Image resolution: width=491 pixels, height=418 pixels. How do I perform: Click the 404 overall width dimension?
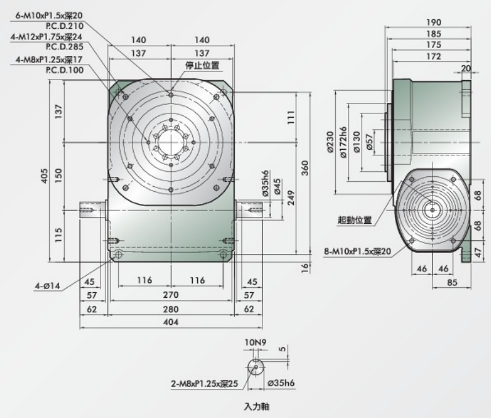tap(170, 322)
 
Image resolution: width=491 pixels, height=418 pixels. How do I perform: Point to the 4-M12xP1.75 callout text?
tap(47, 36)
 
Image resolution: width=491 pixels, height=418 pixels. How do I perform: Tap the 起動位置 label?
tap(354, 219)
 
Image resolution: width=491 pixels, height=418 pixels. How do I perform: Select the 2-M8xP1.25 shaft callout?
tap(205, 383)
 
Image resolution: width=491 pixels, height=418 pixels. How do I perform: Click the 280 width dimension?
tap(170, 308)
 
